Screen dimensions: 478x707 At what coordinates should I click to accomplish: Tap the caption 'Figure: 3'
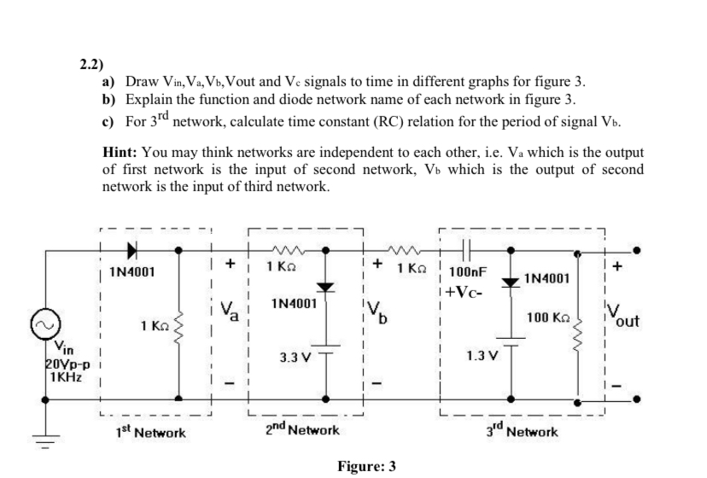pyautogui.click(x=366, y=467)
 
